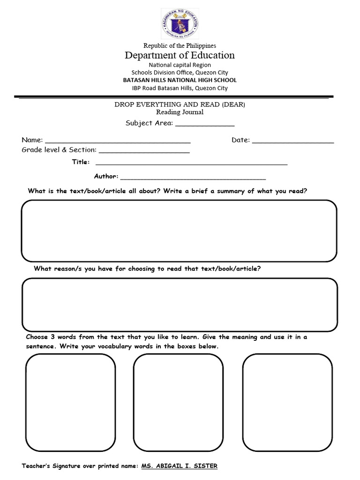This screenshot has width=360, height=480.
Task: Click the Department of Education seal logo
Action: [180, 23]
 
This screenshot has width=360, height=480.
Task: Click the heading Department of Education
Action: [180, 55]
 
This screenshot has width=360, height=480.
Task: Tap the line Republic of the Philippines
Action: [180, 45]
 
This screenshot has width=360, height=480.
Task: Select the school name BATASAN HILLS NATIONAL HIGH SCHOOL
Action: [180, 80]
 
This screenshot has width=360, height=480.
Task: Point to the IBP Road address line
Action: [180, 88]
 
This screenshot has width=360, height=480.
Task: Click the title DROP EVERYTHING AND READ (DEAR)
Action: [180, 105]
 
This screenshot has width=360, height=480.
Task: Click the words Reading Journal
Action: [180, 112]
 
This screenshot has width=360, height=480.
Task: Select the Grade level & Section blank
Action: [144, 152]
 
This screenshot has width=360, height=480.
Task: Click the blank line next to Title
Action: [191, 164]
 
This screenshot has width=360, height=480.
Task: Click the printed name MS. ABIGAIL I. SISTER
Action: [180, 466]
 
